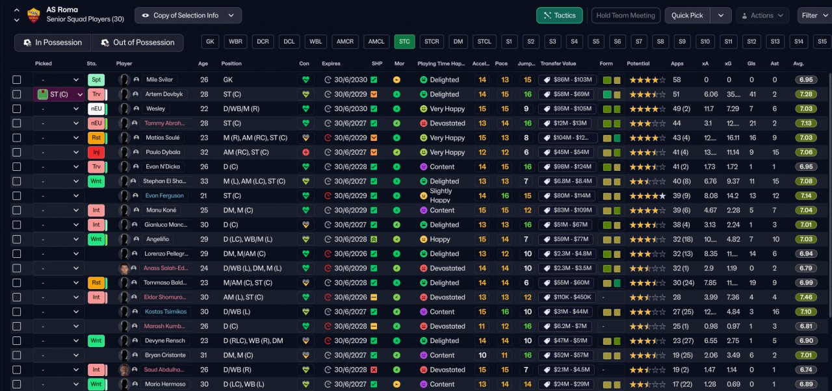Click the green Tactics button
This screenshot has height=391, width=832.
coord(559,16)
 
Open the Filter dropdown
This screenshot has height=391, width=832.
coord(814,16)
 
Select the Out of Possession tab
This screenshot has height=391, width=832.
coord(137,43)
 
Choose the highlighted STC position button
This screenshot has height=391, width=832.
coord(404,42)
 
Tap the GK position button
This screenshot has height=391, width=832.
coord(210,42)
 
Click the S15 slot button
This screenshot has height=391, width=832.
coord(822,42)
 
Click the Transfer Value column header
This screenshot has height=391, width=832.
coord(558,64)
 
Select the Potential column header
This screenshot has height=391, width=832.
coord(638,64)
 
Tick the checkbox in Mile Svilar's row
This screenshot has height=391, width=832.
coord(17,80)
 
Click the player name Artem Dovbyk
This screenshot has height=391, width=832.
coord(164,94)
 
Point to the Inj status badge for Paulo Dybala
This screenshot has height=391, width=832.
coord(96,153)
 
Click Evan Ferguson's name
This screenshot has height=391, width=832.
coord(164,195)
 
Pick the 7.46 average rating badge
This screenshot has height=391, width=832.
coord(806,297)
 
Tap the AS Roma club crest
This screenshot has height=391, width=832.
coord(33,15)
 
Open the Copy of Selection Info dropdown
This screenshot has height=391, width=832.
coord(188,16)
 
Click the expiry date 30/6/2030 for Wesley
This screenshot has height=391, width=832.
coord(350,109)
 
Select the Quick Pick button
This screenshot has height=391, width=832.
coord(689,16)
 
